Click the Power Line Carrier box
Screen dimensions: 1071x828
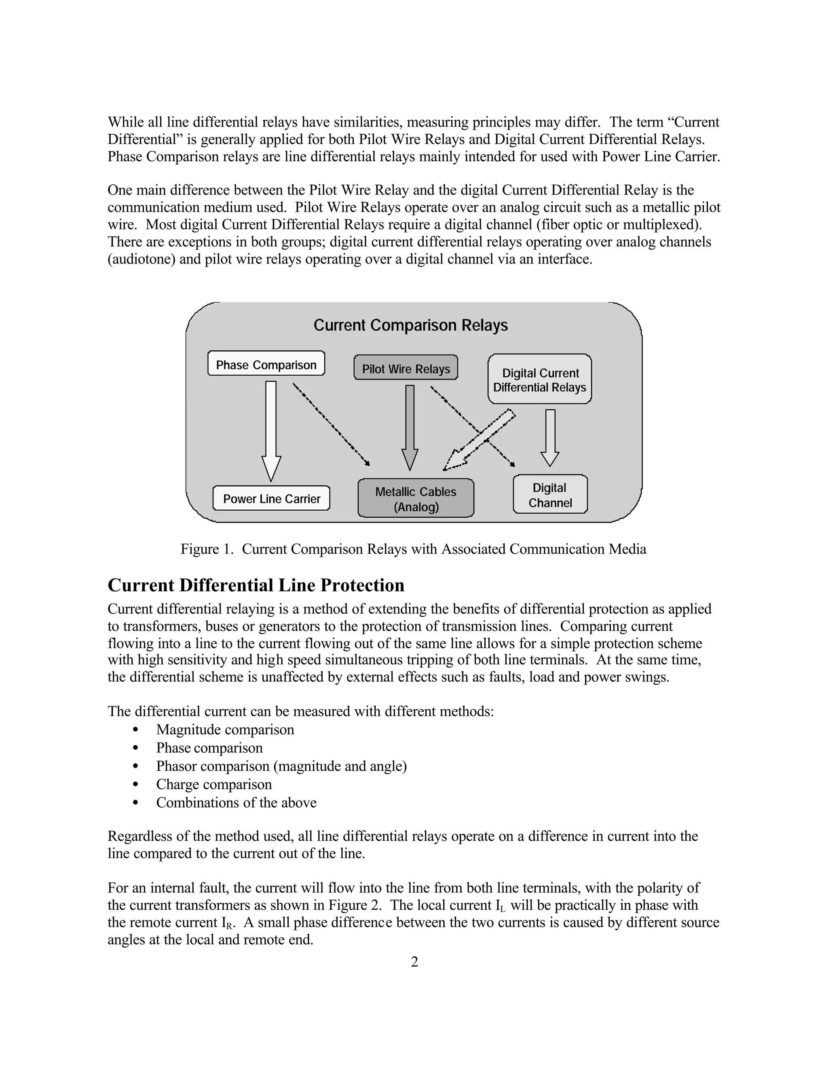pyautogui.click(x=271, y=499)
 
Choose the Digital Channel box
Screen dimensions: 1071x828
pyautogui.click(x=550, y=495)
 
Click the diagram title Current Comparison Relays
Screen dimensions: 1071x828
pyautogui.click(x=411, y=325)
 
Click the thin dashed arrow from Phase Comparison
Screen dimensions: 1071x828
pyautogui.click(x=331, y=425)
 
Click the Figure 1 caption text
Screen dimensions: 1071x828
pyautogui.click(x=413, y=549)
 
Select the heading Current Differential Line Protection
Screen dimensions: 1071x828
pyautogui.click(x=256, y=585)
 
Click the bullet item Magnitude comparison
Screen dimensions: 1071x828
pyautogui.click(x=225, y=729)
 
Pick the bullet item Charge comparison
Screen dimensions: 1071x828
pyautogui.click(x=213, y=784)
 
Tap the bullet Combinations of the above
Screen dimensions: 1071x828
pyautogui.click(x=236, y=803)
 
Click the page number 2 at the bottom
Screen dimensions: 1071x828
pyautogui.click(x=414, y=962)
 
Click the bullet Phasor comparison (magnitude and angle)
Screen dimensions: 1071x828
pyautogui.click(x=281, y=766)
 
